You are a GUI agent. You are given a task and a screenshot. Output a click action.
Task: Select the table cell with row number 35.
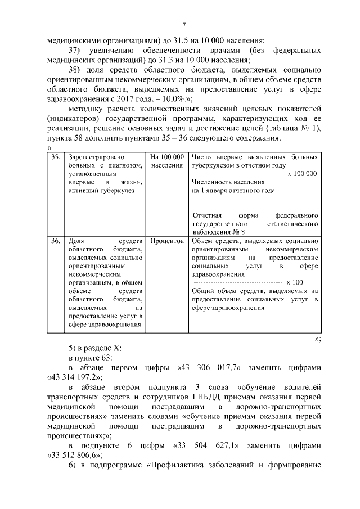(x=55, y=157)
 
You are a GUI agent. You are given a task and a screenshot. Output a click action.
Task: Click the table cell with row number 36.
(x=55, y=241)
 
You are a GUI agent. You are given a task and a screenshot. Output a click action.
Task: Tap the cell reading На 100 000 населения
(x=168, y=161)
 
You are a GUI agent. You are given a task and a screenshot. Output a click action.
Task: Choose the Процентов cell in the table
(x=168, y=241)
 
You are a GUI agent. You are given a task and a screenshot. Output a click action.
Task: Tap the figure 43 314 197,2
(x=71, y=377)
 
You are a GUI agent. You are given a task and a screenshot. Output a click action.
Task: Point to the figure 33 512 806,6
(x=71, y=457)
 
